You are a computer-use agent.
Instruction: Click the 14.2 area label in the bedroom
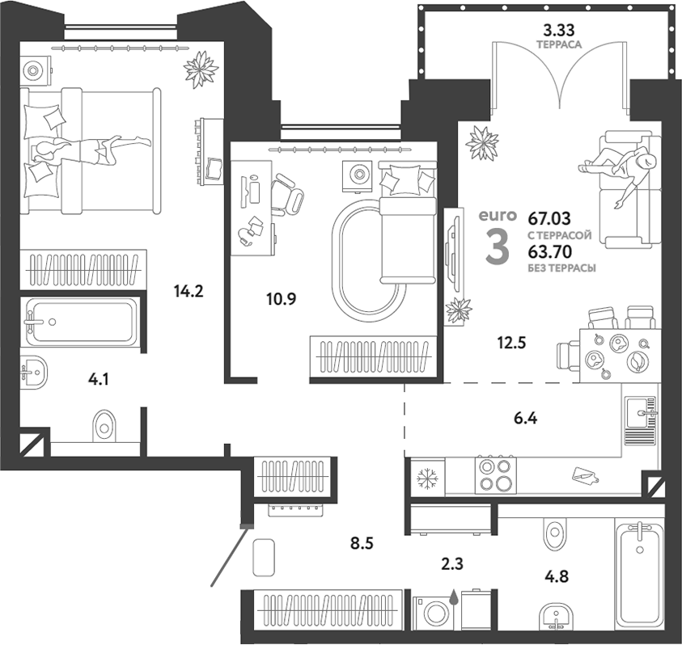[187, 292]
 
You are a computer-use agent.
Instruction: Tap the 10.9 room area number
[282, 298]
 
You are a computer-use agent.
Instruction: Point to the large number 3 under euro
[497, 247]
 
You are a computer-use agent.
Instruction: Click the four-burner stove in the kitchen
[496, 474]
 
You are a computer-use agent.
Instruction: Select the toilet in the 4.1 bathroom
[103, 424]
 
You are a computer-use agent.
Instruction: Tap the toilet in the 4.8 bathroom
[555, 532]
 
